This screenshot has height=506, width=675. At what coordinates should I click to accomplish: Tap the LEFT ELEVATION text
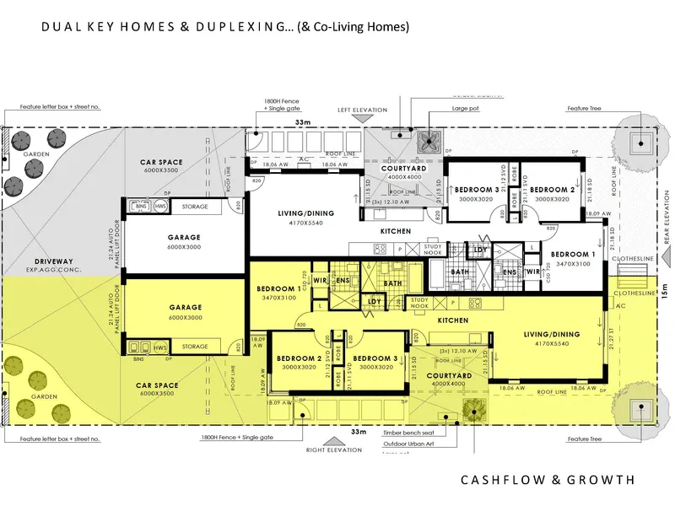[362, 110]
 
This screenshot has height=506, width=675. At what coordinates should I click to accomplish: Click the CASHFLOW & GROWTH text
[547, 480]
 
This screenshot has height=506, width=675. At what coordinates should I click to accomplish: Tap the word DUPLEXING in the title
[240, 27]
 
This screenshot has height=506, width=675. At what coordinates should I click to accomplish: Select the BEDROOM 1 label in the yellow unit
[278, 289]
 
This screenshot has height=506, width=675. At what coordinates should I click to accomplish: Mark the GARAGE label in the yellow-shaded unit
[184, 307]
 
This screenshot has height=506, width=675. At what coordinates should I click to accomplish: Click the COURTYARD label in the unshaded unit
[402, 168]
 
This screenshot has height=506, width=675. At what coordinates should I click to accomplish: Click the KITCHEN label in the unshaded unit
[395, 230]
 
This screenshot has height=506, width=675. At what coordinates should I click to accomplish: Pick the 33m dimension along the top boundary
[301, 123]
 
